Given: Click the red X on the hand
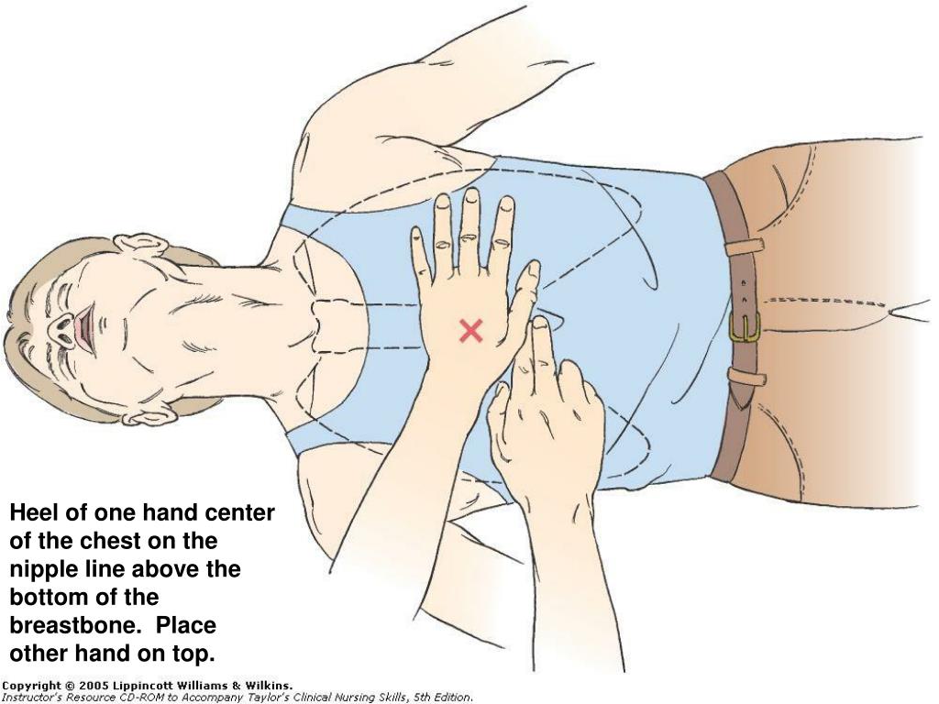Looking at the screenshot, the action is pos(470,330).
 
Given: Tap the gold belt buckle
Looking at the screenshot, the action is pos(745,328).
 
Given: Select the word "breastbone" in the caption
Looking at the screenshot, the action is pos(74,625).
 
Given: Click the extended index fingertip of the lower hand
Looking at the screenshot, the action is pos(540,324).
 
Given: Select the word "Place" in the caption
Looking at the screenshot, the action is pos(185,625).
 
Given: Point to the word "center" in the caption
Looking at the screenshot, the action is pos(239,513).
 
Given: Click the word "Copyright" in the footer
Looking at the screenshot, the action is pos(32,687).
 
